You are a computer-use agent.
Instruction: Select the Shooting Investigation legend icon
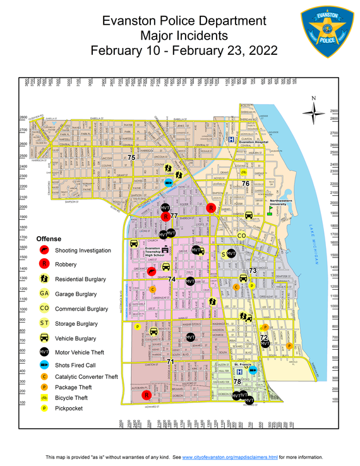tap(44, 250)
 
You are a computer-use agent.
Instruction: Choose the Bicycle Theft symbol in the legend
tap(44, 398)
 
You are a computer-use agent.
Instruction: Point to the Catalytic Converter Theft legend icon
tap(44, 376)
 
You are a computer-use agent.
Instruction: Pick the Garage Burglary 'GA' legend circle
tap(44, 294)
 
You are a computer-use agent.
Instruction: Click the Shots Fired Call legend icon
tap(44, 365)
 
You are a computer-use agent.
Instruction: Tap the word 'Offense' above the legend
tap(49, 239)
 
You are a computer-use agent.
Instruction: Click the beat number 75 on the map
tap(131, 158)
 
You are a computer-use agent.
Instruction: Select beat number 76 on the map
tap(246, 183)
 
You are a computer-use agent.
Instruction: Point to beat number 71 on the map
tap(170, 361)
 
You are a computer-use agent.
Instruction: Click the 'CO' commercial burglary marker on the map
tap(241, 236)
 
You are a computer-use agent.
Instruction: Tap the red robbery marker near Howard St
tap(147, 395)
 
